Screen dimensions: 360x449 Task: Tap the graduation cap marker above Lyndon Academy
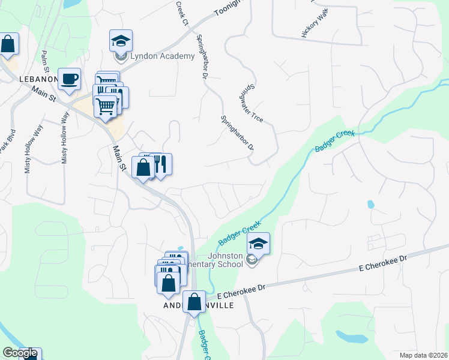(x=121, y=41)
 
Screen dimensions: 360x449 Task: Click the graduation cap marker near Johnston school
(x=258, y=244)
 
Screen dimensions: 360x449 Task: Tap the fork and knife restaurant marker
(x=160, y=164)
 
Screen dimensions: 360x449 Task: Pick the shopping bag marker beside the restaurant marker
(x=143, y=167)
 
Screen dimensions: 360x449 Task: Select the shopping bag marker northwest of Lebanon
(x=7, y=44)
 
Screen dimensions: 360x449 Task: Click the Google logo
(x=20, y=353)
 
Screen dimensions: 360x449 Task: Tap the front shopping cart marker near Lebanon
(x=106, y=107)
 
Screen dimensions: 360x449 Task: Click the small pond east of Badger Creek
(x=370, y=204)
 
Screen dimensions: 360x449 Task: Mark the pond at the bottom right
(x=351, y=337)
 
